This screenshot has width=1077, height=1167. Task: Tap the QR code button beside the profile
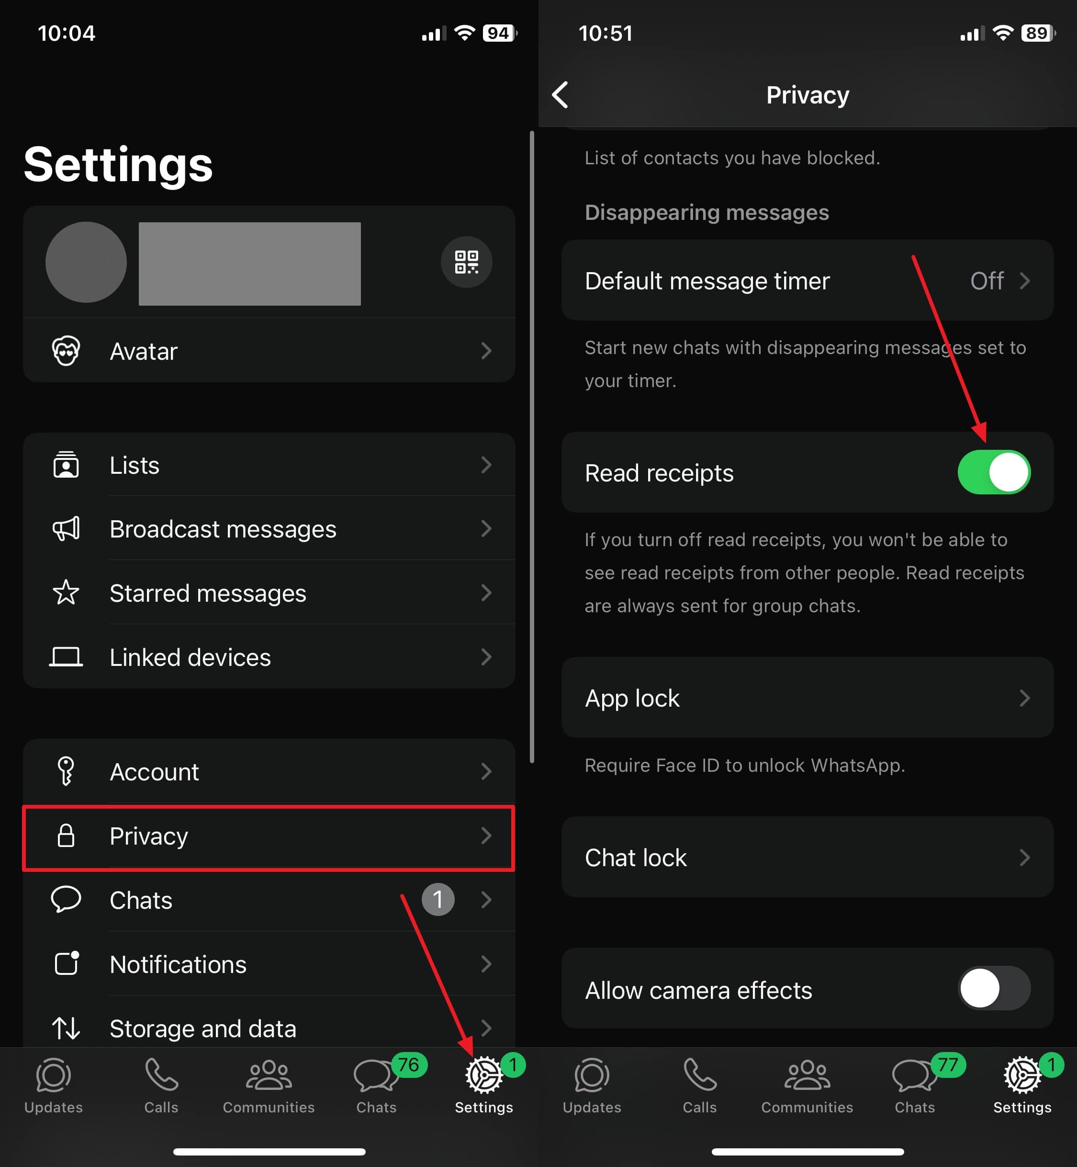466,262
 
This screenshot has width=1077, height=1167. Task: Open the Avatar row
269,351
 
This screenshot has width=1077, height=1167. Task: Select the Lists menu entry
269,465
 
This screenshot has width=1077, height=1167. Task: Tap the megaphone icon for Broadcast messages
66,529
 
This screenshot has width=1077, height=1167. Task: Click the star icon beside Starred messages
66,593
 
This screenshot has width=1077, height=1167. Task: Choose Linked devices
269,657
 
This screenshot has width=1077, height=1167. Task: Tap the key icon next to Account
66,771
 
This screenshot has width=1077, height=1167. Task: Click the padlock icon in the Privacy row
66,835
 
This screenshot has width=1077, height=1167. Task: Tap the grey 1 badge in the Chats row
438,899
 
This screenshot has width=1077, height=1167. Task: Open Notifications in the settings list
269,964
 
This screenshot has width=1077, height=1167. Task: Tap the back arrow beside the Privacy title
561,94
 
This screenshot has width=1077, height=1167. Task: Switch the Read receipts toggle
994,472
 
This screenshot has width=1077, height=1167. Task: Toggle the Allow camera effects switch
994,988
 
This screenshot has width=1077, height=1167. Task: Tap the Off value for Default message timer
986,281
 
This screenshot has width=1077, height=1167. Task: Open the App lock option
807,698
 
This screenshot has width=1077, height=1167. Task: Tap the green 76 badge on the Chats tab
409,1065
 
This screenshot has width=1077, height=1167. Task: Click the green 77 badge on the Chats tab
948,1065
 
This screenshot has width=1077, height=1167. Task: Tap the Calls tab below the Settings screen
161,1086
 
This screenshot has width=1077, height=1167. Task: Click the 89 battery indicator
1038,33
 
